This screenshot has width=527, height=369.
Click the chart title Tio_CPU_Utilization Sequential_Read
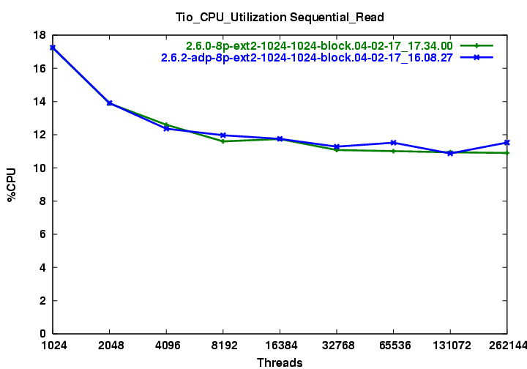tap(280, 16)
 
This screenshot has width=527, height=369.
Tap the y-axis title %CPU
tap(12, 184)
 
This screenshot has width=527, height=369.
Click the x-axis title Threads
tap(280, 362)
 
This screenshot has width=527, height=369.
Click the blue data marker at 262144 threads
tap(507, 142)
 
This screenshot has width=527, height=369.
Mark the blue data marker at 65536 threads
tap(393, 143)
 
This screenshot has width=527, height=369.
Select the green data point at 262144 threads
tap(507, 153)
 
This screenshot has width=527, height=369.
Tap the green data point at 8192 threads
tap(223, 141)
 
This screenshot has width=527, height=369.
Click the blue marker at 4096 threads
tap(166, 128)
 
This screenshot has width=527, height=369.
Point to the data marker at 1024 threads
tap(53, 48)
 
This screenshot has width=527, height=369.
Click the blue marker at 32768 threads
tap(337, 146)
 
